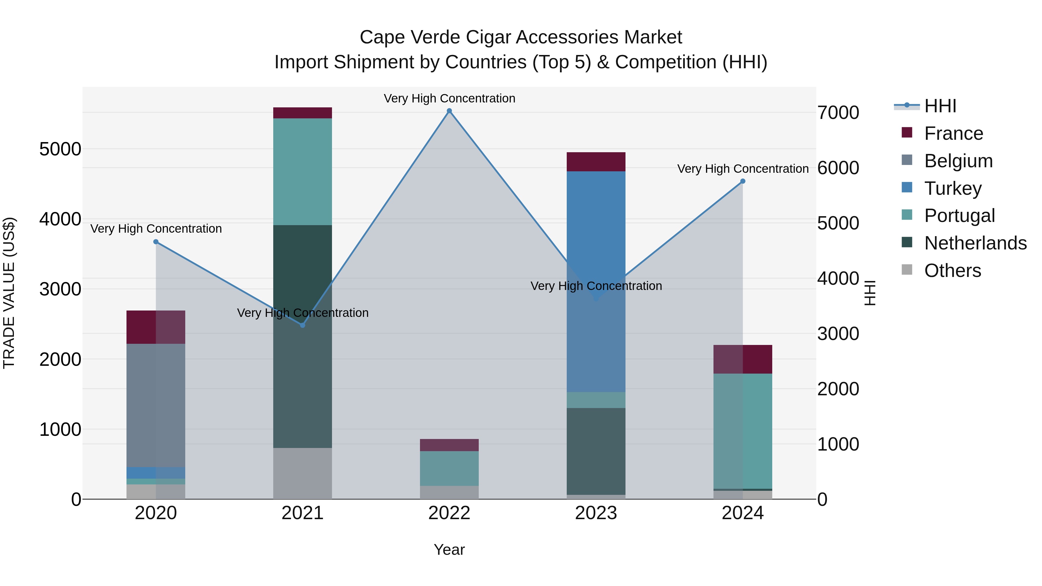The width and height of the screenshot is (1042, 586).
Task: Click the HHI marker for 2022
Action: (x=449, y=111)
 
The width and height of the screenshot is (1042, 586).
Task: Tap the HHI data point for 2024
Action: (x=743, y=181)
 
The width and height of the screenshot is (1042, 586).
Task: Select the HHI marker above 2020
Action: (x=156, y=242)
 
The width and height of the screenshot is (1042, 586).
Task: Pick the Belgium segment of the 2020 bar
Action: (x=156, y=405)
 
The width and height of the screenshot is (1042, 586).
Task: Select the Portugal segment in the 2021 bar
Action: (x=302, y=172)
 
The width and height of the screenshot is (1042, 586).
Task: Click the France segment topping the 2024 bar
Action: (x=743, y=359)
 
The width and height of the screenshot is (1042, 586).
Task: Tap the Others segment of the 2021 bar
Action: (x=302, y=473)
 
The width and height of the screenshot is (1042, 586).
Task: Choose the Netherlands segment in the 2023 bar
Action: (x=596, y=451)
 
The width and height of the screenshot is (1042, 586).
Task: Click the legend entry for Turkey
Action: (x=952, y=188)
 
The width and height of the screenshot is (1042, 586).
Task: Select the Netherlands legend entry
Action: (x=975, y=243)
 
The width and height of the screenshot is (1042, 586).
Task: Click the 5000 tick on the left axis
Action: (x=60, y=149)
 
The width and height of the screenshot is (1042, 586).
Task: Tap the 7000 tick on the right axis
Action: (x=838, y=113)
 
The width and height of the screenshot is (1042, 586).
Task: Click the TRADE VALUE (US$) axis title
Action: (x=9, y=293)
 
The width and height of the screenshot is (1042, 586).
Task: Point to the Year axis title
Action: (x=449, y=550)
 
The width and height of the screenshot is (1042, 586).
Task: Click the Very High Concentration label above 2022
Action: (x=449, y=98)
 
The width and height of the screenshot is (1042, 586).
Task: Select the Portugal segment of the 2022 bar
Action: (x=449, y=468)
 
